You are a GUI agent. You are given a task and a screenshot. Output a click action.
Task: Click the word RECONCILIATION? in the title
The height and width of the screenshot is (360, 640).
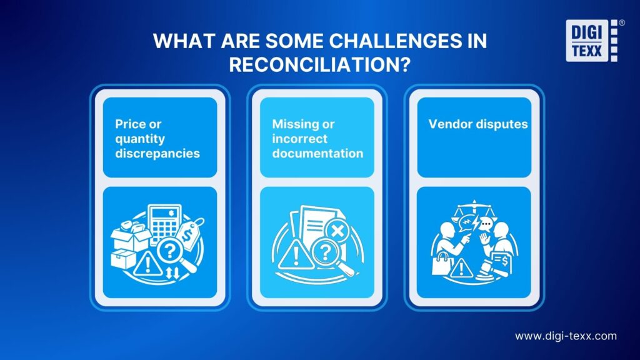(320, 65)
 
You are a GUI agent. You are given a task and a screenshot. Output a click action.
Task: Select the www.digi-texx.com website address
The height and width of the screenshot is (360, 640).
(566, 336)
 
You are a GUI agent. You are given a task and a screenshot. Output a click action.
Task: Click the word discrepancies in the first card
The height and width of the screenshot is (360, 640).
(157, 153)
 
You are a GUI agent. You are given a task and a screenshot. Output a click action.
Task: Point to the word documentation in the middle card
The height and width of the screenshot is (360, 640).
(317, 153)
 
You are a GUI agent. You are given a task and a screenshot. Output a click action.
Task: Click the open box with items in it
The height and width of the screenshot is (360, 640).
(129, 236)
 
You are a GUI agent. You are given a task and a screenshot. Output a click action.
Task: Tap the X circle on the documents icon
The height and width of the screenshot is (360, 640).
(337, 231)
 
